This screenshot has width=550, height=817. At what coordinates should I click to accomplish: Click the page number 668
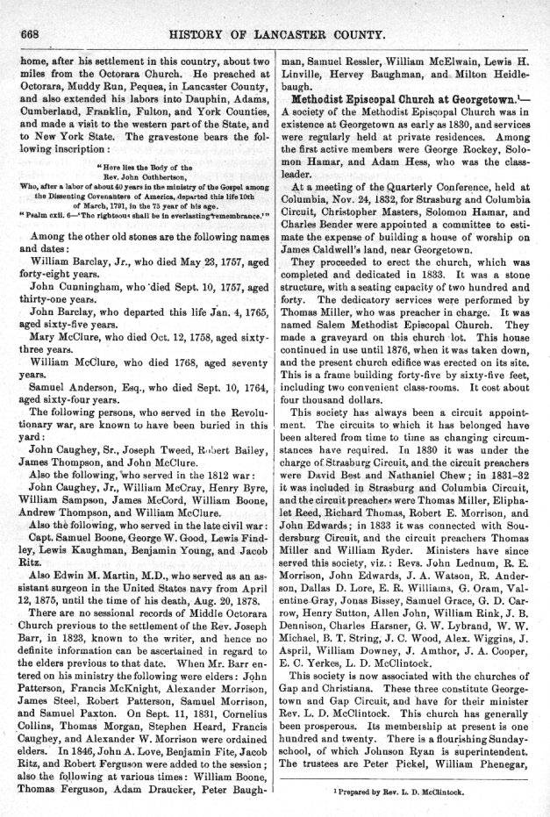(x=32, y=34)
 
